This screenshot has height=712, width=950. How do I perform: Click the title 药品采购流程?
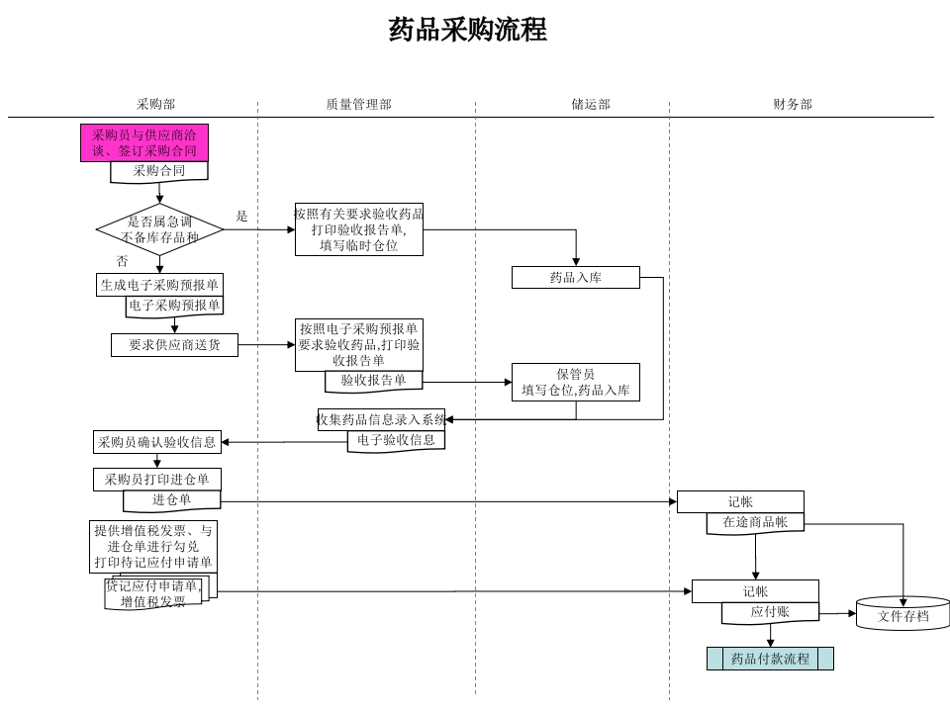(x=467, y=30)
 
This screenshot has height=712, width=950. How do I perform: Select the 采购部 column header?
(x=155, y=104)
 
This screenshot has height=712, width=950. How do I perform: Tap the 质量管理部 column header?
(x=358, y=104)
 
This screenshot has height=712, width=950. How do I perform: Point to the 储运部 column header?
(x=591, y=104)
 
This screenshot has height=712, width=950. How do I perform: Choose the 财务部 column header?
(x=793, y=104)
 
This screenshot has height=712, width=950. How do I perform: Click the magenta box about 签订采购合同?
(x=144, y=142)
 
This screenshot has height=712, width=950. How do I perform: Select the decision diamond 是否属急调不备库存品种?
(x=159, y=229)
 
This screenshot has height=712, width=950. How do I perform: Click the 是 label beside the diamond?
(x=242, y=216)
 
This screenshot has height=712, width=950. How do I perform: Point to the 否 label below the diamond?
(x=122, y=261)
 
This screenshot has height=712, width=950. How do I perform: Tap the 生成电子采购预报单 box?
(x=159, y=285)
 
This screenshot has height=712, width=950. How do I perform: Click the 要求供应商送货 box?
(x=174, y=345)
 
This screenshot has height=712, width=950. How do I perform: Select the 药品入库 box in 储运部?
(x=576, y=278)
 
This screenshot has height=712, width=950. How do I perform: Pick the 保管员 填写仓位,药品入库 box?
(x=576, y=382)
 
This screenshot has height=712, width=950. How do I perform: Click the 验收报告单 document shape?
(x=373, y=381)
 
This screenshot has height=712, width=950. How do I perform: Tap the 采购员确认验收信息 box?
(x=157, y=442)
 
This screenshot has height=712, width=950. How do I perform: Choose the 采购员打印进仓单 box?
(x=157, y=480)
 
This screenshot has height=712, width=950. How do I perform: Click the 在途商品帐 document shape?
(x=755, y=523)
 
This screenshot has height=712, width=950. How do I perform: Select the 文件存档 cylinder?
(x=902, y=614)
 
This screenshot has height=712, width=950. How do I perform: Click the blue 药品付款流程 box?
(x=770, y=659)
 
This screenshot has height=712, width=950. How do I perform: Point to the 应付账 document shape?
(x=770, y=612)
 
